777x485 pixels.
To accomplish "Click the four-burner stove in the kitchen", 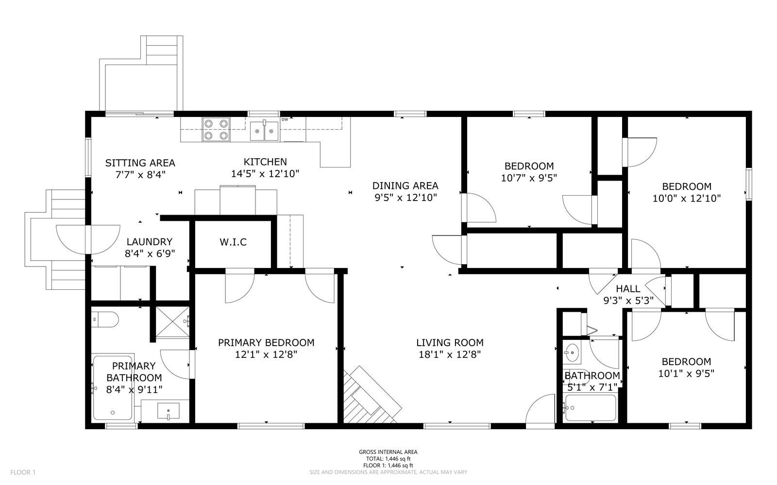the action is pos(216,130).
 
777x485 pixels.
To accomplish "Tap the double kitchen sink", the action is pos(264,131).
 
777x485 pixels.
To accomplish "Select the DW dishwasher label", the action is pos(285,119).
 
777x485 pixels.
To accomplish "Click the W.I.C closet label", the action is pos(233,242).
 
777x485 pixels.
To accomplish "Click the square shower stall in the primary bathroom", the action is pos(172,322).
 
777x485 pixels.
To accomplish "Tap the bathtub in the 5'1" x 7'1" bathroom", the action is pos(591,408).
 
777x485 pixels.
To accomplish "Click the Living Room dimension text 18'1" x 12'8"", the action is pos(450,355).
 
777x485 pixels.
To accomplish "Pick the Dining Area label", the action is pos(405,186).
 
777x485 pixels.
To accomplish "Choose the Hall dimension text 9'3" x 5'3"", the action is pos(628,300).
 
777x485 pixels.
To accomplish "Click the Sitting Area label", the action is pos(140,163).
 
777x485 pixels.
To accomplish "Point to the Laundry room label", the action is pos(150,242).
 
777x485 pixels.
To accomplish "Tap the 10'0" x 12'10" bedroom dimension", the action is pos(687,198).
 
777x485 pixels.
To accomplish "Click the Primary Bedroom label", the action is pos(266,343).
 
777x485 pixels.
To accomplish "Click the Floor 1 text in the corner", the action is pos(23,472).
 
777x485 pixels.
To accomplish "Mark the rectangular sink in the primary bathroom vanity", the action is pos(168,411).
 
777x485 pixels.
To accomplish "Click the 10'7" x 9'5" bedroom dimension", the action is pos(529,178).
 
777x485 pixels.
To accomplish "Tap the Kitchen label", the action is pos(265,162).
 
